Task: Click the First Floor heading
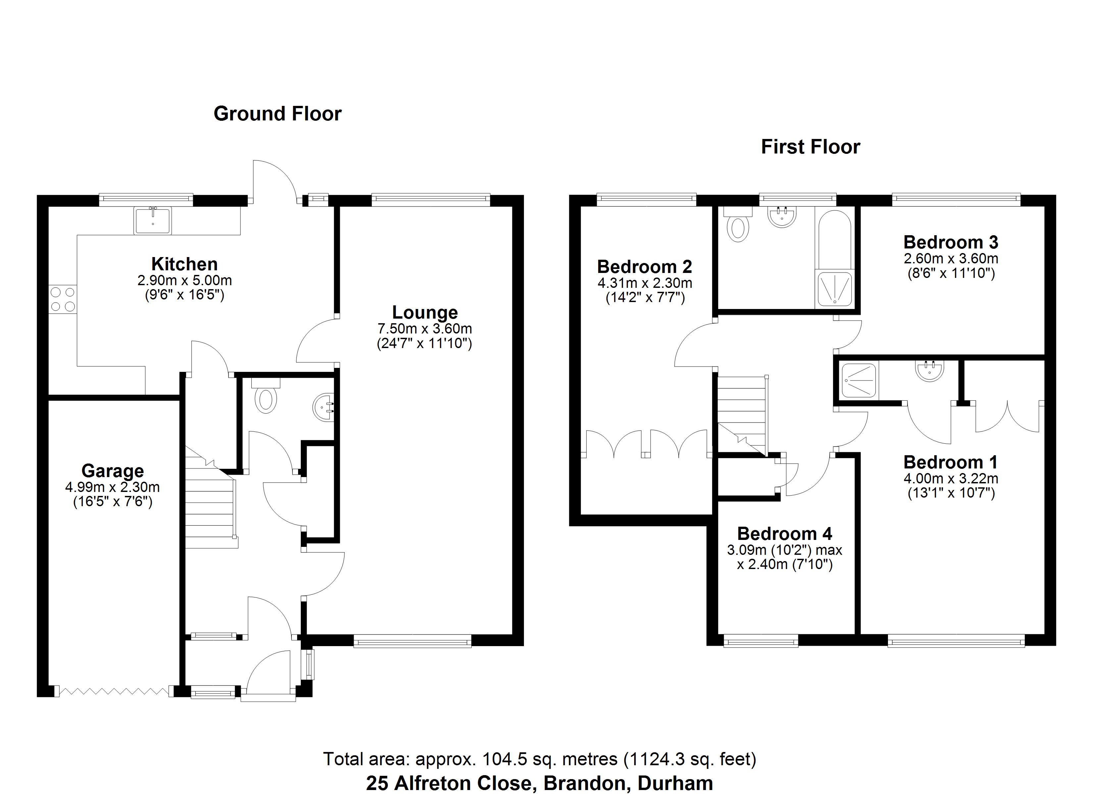click(x=810, y=147)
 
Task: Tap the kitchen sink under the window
click(x=153, y=221)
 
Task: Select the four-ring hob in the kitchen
click(x=63, y=299)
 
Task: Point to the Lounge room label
click(x=425, y=313)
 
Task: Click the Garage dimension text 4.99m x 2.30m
click(x=112, y=487)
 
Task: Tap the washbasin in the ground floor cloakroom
click(x=324, y=407)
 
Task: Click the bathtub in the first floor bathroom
click(x=834, y=241)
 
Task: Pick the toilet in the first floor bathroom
click(x=737, y=226)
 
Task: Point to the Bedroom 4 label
click(x=785, y=534)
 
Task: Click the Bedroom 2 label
click(x=645, y=267)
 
